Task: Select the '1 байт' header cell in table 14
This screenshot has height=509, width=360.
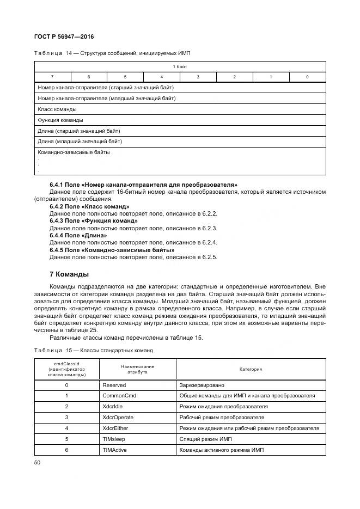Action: coord(180,66)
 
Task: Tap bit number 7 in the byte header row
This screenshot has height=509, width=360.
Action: coord(52,77)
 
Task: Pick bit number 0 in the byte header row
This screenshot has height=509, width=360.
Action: coord(307,77)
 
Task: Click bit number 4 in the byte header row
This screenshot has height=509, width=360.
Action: coord(162,77)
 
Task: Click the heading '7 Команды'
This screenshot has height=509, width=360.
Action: coord(69,273)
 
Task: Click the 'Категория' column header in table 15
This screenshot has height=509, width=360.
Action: coord(251,369)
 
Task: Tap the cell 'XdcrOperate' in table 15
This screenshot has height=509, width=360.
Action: coord(118,418)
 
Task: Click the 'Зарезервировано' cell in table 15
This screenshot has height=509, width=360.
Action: coord(201,385)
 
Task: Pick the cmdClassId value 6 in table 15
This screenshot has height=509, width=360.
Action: coord(66,450)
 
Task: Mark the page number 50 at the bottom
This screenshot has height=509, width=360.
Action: coord(38,462)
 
